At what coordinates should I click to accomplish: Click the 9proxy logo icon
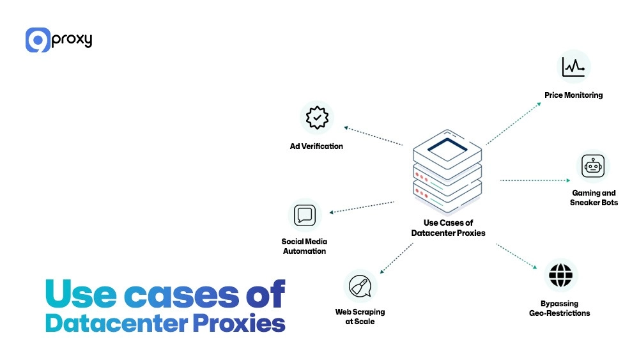(x=38, y=40)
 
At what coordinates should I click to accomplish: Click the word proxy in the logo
(x=72, y=40)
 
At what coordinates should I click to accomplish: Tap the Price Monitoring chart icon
(x=573, y=67)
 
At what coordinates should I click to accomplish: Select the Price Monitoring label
(x=573, y=95)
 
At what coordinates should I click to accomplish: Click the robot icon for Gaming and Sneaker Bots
(x=593, y=166)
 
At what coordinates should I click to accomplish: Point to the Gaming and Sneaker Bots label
(x=594, y=198)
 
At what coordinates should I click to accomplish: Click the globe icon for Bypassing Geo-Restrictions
(x=560, y=276)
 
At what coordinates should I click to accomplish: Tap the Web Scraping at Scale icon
(x=360, y=286)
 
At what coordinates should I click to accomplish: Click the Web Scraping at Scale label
(x=360, y=317)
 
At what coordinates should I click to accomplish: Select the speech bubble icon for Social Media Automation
(x=304, y=215)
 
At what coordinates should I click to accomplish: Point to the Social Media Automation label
(x=304, y=246)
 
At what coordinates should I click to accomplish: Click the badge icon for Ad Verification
(x=316, y=118)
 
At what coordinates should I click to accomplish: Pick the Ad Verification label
(x=316, y=146)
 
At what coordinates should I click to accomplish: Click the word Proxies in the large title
(x=237, y=324)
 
